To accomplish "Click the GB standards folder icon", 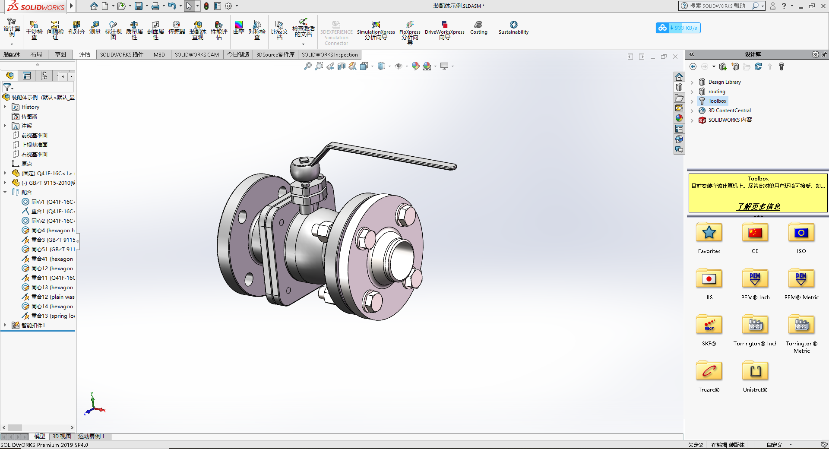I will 755,234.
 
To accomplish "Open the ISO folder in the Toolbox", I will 801,234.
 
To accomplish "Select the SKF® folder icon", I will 709,326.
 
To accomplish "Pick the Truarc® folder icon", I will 709,371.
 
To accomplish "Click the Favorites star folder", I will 709,234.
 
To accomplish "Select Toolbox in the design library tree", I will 717,101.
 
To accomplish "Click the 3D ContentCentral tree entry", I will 729,111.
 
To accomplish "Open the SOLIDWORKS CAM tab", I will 196,54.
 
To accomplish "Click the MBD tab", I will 159,54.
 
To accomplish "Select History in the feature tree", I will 30,107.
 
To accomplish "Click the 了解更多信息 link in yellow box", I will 758,206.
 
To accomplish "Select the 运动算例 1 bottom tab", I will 91,436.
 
